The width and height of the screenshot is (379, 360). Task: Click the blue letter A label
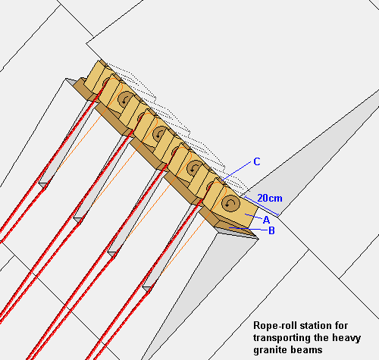266,220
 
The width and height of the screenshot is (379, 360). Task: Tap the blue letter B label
271,230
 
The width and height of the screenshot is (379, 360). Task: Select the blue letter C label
257,161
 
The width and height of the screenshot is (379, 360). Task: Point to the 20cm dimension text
270,198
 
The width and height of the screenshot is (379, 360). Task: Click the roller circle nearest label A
230,202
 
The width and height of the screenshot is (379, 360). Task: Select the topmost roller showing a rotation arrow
125,99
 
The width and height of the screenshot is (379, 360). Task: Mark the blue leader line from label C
236,171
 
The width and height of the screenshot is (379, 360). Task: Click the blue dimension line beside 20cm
262,206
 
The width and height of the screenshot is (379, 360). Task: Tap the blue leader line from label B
248,229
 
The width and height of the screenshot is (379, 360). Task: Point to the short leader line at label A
253,216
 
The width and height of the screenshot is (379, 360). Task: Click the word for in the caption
342,325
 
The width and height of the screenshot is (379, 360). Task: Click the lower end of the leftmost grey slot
43,185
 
